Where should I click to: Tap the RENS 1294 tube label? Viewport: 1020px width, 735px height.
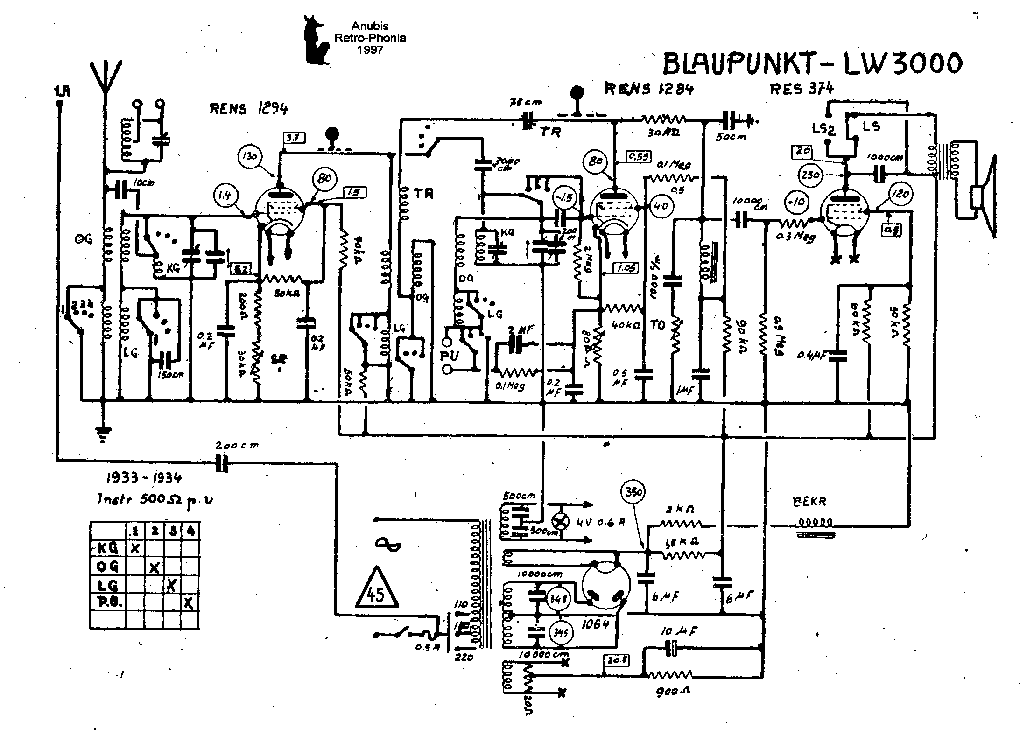coord(248,109)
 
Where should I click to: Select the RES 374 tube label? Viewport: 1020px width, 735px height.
coord(801,88)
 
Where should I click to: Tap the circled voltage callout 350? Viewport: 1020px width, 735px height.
coord(633,493)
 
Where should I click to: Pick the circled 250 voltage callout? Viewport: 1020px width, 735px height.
coord(810,175)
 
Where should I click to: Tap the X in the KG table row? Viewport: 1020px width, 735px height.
coord(135,548)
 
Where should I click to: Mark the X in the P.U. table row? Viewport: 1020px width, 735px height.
coord(189,603)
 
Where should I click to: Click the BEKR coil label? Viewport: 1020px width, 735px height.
coord(809,502)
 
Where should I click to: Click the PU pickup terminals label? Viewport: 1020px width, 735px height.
coord(449,356)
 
